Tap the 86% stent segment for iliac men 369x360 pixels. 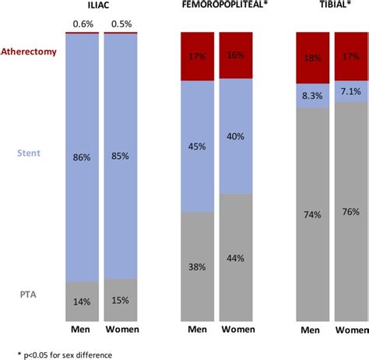pos(82,156)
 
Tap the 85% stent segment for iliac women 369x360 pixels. pos(121,156)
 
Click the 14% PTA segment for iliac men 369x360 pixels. pos(82,301)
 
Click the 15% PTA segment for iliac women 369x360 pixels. pos(121,300)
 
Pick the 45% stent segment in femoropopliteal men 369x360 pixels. pos(198,146)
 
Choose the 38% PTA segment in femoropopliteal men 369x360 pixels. pos(198,266)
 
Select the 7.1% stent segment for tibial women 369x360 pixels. pos(351,91)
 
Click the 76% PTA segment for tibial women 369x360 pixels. pos(351,211)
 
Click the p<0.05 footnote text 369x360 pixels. pos(58,355)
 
